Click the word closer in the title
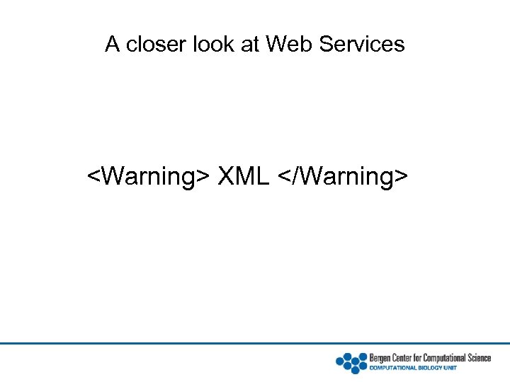click(x=148, y=45)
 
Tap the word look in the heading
click(x=213, y=45)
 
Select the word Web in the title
click(x=289, y=45)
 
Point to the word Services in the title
click(x=362, y=45)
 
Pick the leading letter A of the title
click(x=112, y=45)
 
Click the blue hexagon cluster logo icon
click(x=351, y=362)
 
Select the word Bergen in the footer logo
click(x=382, y=358)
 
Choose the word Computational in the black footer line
click(x=447, y=358)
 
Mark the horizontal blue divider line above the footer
click(x=255, y=344)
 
